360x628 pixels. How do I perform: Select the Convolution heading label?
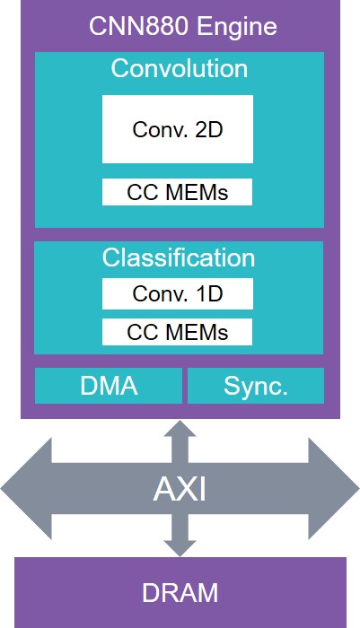pos(180,68)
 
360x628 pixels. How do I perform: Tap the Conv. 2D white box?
pos(178,129)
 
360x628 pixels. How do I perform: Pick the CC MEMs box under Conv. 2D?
pos(177,192)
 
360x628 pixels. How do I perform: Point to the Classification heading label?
pos(179,257)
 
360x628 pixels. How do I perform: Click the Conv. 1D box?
pos(178,293)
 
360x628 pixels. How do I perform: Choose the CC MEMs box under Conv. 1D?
pos(177,332)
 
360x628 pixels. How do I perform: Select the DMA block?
pos(109,386)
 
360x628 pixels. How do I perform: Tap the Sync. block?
pos(256,386)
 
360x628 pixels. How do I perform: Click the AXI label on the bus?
pos(180,489)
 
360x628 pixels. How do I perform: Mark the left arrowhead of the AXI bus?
pos(26,488)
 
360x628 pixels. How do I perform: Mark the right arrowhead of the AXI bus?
pos(334,488)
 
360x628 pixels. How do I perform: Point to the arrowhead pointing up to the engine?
pos(180,429)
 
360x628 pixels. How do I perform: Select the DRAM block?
pos(180,592)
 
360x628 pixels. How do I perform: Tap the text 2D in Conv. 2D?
pos(209,130)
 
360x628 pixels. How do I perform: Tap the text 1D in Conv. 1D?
pos(209,294)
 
